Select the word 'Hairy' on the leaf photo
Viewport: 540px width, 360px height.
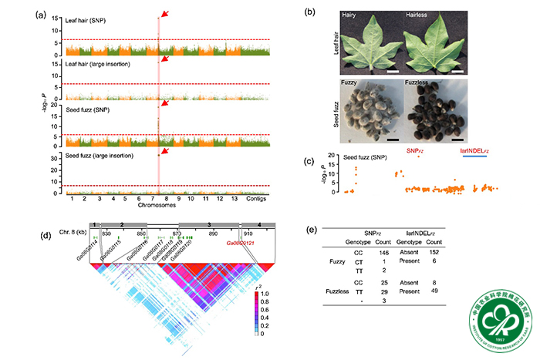[x=356, y=15]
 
